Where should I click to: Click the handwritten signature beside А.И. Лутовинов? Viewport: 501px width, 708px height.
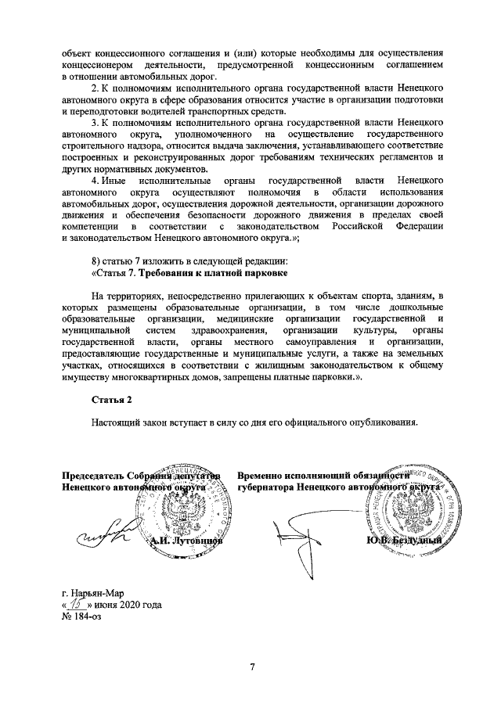[x=102, y=534]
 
